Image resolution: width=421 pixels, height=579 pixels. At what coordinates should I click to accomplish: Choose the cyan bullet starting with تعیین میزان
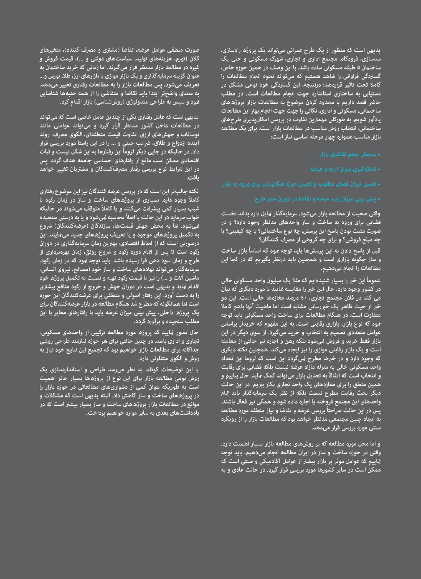(x=301, y=184)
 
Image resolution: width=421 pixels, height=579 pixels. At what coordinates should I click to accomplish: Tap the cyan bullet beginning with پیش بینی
(x=318, y=199)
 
